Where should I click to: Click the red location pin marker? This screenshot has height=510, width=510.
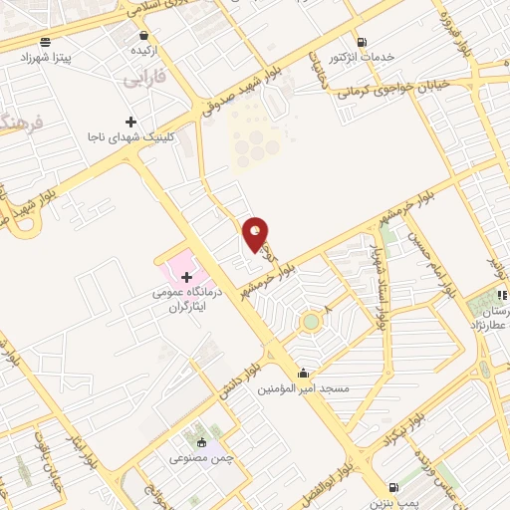257,235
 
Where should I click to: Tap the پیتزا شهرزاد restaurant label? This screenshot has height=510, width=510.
48,59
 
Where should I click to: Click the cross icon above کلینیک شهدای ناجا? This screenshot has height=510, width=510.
131,122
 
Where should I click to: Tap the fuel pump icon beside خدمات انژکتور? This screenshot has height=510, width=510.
361,42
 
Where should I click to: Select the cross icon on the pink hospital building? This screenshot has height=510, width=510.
186,275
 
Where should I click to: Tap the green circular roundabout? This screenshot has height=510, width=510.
312,322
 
